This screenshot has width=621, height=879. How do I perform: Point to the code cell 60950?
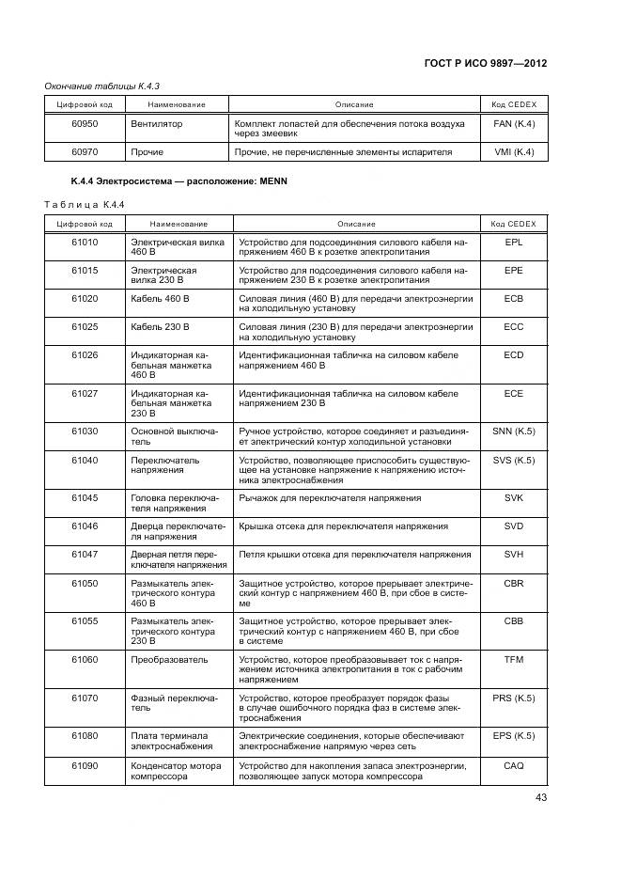coord(85,123)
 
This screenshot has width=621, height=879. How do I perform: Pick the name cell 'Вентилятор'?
coord(157,123)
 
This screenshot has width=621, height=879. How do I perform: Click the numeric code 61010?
coord(85,242)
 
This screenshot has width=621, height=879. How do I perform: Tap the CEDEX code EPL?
coord(513,242)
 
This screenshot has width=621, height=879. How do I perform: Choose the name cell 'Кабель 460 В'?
coord(161,298)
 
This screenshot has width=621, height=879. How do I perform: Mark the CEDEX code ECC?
coord(513,326)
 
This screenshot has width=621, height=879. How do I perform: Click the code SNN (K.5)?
coord(513,431)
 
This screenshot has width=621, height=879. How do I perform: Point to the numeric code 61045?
coord(85,497)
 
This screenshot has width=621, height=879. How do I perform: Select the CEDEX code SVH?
coord(513,555)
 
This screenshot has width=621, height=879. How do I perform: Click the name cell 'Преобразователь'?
coord(169,660)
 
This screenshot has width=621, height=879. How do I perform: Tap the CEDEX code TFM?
coord(513,660)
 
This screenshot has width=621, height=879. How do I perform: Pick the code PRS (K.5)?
coord(513,698)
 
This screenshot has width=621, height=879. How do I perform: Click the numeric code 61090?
coord(85,765)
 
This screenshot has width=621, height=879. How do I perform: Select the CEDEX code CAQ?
coord(513,765)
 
